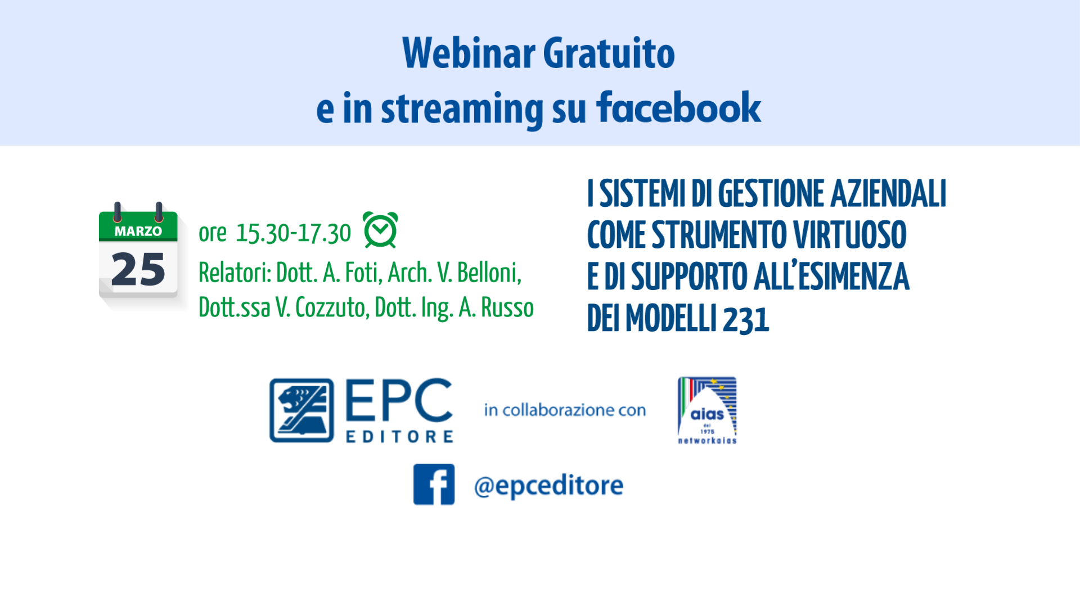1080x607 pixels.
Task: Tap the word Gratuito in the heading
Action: coord(609,53)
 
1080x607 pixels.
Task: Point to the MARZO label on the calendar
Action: coord(138,231)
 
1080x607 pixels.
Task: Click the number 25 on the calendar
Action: coord(138,269)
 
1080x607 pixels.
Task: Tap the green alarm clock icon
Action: coord(380,230)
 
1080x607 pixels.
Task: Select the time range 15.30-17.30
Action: coord(293,233)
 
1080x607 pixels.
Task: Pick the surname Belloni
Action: coord(489,273)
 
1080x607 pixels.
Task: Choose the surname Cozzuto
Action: coord(331,307)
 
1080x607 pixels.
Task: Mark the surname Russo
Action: coord(507,307)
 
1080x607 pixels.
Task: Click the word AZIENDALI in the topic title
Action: coord(889,193)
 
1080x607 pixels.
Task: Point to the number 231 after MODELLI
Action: coord(746,319)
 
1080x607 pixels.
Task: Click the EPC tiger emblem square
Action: coord(301,410)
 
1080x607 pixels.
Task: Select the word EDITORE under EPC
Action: coord(399,437)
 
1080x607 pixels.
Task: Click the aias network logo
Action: coord(707,410)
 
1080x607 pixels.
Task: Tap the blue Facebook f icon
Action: coord(434,484)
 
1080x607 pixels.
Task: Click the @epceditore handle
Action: coord(548,486)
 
